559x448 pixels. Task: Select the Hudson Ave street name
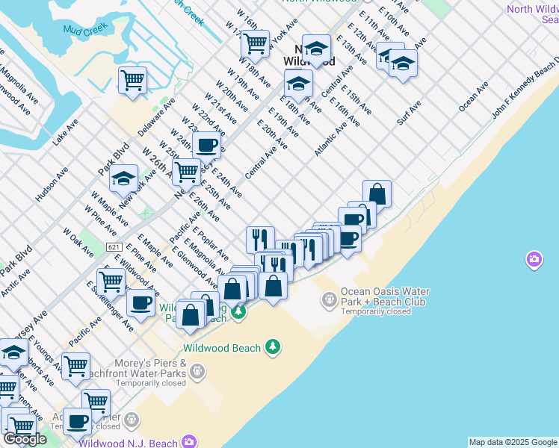[x=52, y=184]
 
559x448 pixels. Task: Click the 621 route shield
[x=114, y=247]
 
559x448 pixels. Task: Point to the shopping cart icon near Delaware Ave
[x=132, y=79]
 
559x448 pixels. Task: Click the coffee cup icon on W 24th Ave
[x=206, y=145]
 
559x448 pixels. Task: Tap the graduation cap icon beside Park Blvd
[x=124, y=178]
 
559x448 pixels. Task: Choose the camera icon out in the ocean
[x=534, y=260]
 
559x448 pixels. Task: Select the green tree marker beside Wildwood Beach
[x=273, y=346]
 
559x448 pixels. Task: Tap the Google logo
[x=25, y=439]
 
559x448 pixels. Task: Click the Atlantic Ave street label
[x=331, y=139]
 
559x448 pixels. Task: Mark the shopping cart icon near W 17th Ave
[x=255, y=43]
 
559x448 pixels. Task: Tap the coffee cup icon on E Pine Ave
[x=140, y=302]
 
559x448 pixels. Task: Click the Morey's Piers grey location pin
[x=197, y=370]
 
